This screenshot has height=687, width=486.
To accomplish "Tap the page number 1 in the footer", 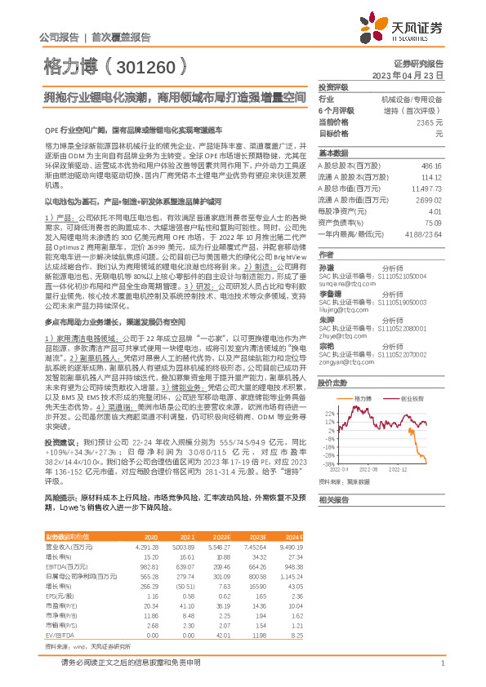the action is tap(441, 663).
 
